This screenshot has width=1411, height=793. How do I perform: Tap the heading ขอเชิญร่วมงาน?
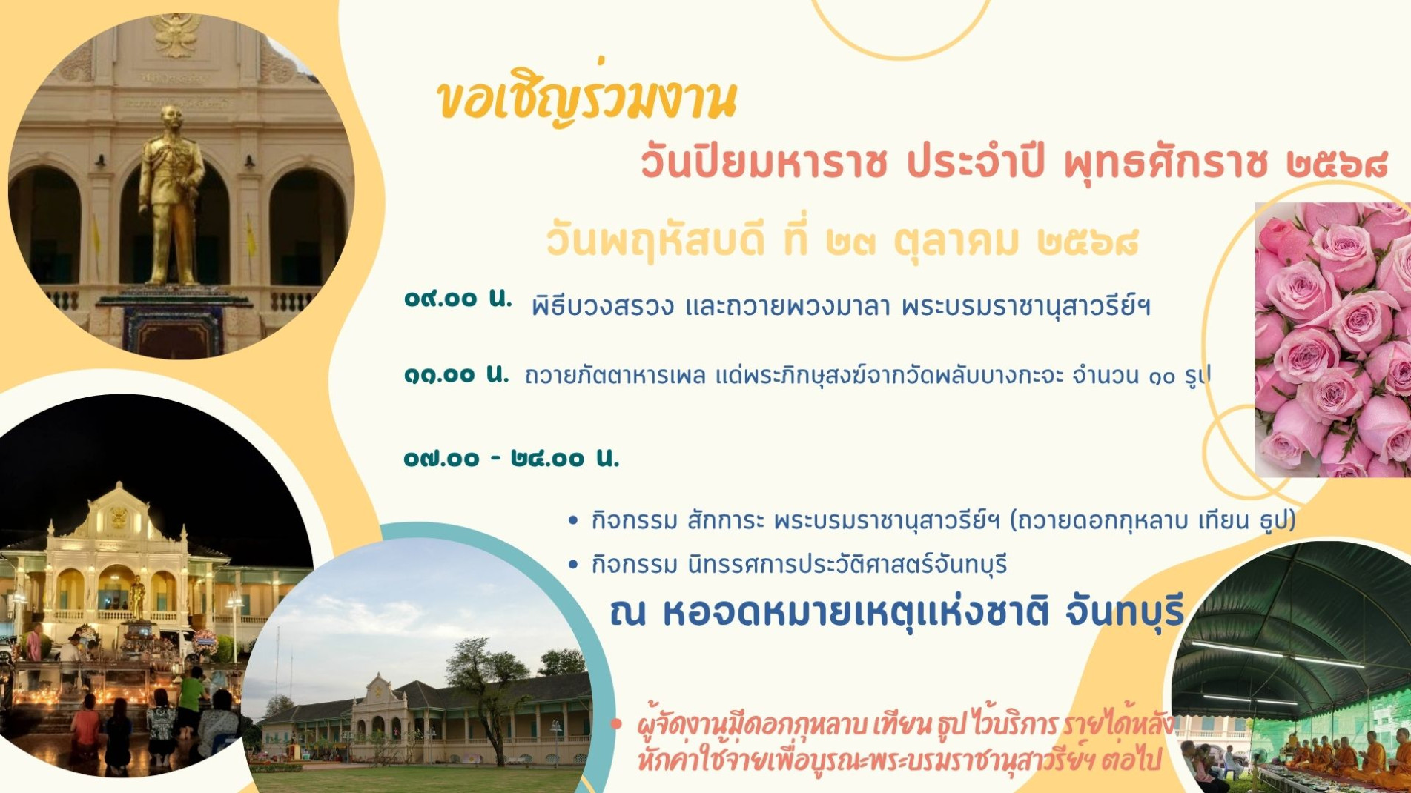586,101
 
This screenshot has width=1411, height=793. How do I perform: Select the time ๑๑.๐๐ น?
456,375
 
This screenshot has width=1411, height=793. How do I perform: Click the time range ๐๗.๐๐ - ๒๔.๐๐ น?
511,459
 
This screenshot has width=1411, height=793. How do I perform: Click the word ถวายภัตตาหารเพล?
615,376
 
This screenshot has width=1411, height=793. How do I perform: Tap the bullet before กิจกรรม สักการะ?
572,521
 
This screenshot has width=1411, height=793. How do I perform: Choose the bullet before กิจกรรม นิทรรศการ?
572,565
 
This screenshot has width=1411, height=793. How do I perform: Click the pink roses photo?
1333,341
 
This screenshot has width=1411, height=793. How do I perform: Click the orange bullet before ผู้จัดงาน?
615,724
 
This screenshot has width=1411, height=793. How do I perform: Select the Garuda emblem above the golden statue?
176,33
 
